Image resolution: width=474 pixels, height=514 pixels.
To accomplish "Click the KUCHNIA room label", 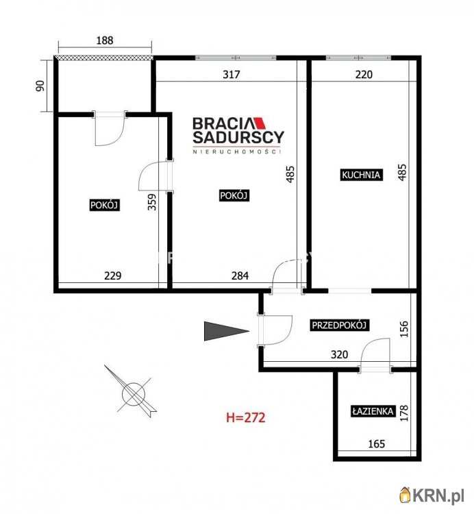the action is pos(361,175).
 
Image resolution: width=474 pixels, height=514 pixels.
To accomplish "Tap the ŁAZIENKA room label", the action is pos(373,411).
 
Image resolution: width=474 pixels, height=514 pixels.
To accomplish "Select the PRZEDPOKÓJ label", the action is pos(339,325).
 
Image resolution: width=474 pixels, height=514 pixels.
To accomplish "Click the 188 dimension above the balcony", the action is pos(105,40).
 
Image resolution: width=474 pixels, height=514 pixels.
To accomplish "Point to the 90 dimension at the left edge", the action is pos(40,86).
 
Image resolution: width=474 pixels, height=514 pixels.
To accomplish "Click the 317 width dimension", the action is pos(232,75).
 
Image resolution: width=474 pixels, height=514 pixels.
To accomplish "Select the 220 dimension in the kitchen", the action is pos(364,75).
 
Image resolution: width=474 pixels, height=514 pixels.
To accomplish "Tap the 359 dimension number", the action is pos(152,202).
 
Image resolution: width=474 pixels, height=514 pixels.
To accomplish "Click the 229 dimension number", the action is pos(113,276).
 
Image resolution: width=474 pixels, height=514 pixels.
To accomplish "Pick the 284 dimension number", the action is pos(240,276).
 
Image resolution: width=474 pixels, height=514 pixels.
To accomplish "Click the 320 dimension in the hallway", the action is pos(339,354).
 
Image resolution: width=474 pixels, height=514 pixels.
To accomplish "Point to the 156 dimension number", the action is pos(404,329).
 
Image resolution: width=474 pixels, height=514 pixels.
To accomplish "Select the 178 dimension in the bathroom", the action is pos(404,413).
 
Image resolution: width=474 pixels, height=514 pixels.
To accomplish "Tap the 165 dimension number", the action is pos(376,444).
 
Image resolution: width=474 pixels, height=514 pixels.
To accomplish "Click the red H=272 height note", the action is pos(246,417).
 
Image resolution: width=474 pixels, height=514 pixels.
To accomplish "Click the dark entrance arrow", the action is pos(226,331).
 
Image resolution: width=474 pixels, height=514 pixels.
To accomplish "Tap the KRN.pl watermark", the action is pos(432,495).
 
